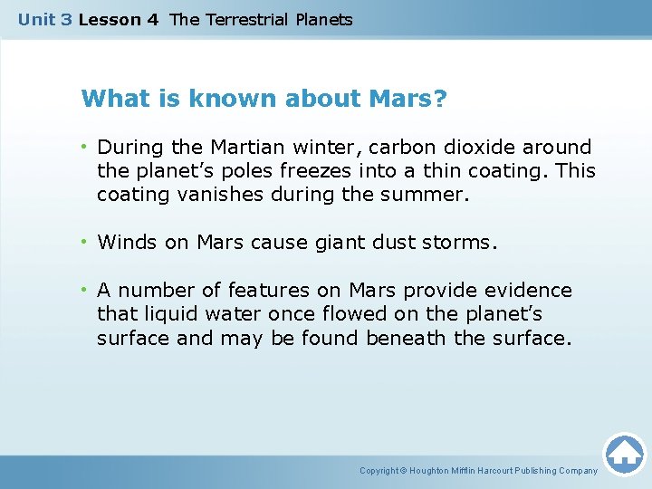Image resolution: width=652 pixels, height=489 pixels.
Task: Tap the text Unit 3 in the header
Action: click(x=44, y=19)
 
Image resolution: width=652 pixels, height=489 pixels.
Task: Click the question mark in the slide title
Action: click(x=440, y=98)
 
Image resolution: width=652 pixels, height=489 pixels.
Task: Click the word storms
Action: click(x=461, y=242)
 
